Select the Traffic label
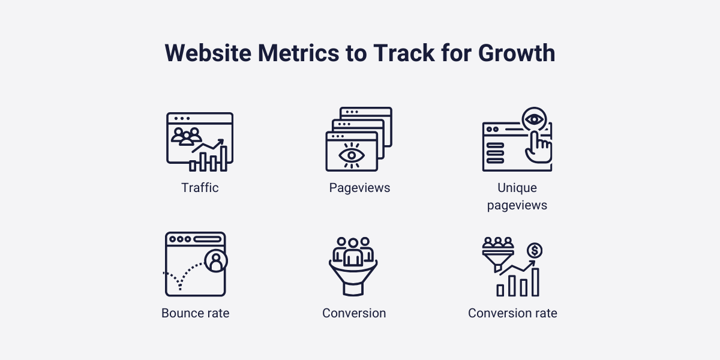(x=200, y=188)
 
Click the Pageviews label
(x=359, y=188)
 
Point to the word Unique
(x=517, y=188)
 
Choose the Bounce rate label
(x=195, y=313)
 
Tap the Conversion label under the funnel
(x=354, y=313)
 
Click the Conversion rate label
(x=512, y=313)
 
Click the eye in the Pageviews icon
(x=351, y=155)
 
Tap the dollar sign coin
(x=533, y=250)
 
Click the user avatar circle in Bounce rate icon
(x=215, y=261)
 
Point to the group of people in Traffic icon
(x=187, y=136)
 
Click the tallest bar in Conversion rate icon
(x=535, y=281)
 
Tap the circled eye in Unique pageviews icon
(x=533, y=119)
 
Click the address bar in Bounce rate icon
(x=207, y=239)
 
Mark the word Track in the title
(x=401, y=53)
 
